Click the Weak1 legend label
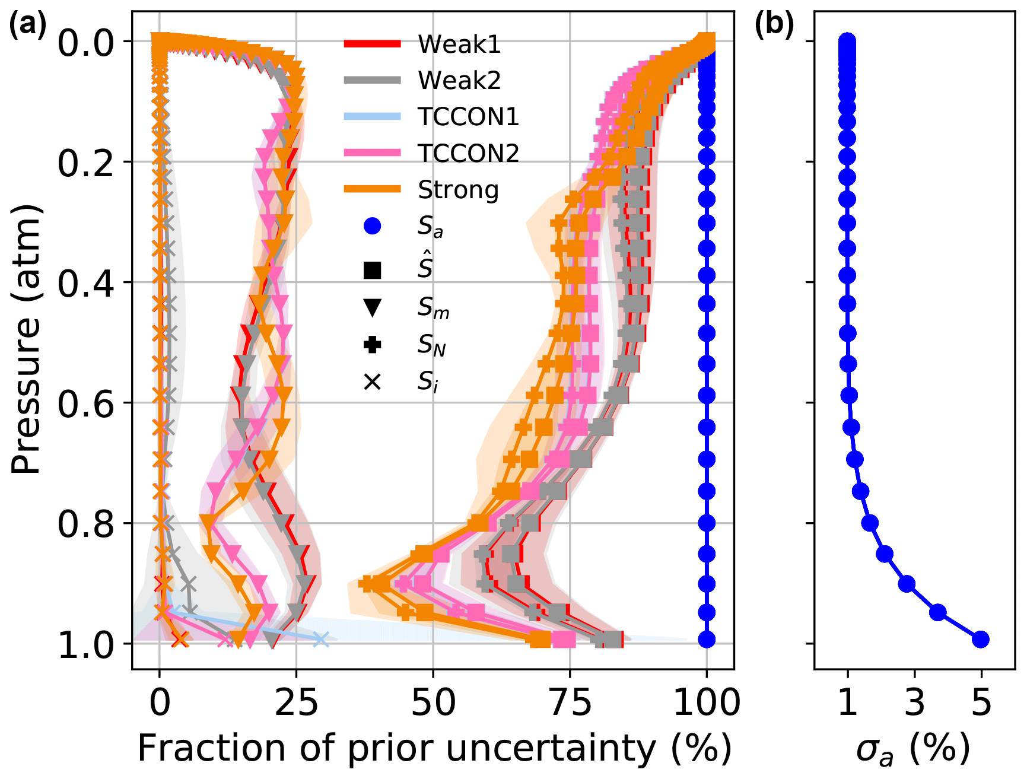(459, 44)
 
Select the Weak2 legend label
(459, 80)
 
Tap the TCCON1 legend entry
(468, 117)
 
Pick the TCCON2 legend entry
(468, 153)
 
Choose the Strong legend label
(458, 190)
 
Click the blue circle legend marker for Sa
(372, 226)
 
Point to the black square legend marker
(372, 270)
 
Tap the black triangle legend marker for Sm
(372, 307)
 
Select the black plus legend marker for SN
(372, 345)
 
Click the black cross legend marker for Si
(372, 382)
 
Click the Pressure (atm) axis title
(27, 339)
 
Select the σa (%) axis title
(912, 749)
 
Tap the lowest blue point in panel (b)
(980, 639)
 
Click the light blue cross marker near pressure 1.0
(320, 639)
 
